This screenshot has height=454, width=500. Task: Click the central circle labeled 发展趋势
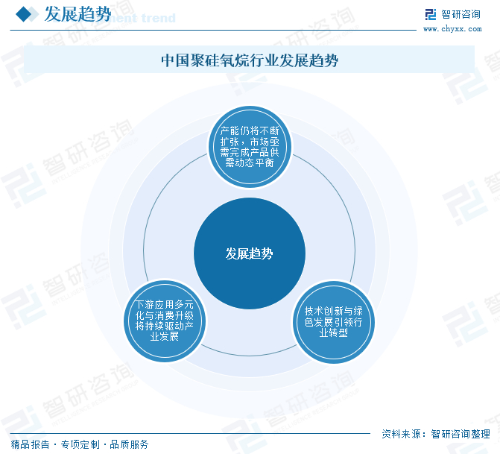249,253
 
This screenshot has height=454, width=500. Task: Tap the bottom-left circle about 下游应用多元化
164,321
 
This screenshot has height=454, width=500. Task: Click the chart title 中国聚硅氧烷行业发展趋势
250,60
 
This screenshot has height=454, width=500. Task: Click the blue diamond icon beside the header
25,14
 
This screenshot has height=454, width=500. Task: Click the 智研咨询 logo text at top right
461,13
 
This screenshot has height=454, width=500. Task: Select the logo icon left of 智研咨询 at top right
430,13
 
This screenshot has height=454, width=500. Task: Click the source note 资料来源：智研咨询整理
436,434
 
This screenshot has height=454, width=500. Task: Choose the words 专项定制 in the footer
80,444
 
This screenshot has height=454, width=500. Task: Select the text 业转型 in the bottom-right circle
333,332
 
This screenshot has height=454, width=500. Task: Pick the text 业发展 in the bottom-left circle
164,336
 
